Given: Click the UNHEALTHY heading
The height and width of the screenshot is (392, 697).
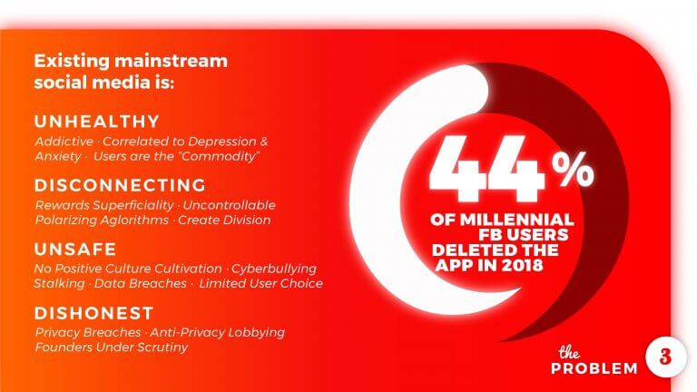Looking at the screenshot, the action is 97,122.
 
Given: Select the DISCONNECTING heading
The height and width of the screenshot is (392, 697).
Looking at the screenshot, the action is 120,185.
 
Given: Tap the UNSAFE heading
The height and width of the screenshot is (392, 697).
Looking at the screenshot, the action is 75,249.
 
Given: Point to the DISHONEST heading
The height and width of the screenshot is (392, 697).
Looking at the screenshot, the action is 93,313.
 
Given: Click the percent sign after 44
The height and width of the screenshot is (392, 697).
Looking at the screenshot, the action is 573,170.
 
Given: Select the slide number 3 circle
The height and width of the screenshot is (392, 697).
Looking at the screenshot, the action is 665,357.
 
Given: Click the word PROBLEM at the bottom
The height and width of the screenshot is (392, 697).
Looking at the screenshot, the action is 594,368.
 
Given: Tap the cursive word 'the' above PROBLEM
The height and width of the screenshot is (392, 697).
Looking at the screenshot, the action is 569,352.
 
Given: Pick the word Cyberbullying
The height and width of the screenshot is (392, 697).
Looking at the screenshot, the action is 274,269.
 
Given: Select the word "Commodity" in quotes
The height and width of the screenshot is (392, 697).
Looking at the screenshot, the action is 221,156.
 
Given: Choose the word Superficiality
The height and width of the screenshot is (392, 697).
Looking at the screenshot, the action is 133,205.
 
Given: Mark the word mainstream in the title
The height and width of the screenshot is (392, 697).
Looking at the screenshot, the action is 171,61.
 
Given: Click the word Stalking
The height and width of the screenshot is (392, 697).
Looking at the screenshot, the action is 59,283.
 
